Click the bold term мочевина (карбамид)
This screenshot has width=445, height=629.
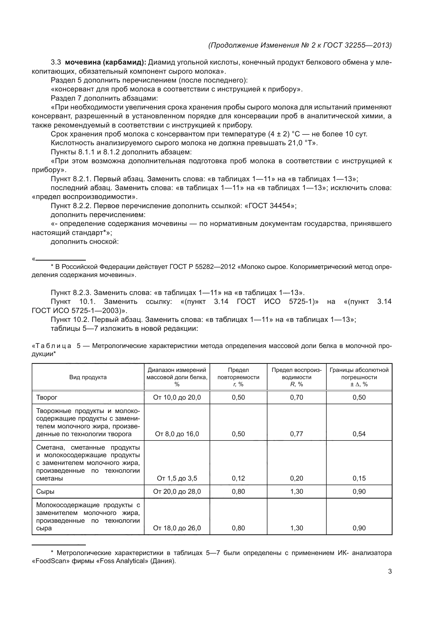(105, 62)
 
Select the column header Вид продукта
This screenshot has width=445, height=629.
(88, 377)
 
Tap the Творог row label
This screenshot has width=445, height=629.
(47, 397)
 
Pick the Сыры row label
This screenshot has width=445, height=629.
(45, 492)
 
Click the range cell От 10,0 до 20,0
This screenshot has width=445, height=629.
(177, 397)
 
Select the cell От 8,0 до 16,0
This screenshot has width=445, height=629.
(177, 434)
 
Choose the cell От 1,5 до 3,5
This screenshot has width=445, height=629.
(177, 478)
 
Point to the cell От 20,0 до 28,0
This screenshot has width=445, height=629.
(177, 492)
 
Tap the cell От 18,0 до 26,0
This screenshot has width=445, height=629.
(177, 528)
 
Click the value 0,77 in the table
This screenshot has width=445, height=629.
(296, 434)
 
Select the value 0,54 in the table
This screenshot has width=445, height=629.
(359, 434)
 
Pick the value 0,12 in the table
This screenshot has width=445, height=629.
(238, 478)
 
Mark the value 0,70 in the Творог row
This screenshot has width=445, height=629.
(296, 397)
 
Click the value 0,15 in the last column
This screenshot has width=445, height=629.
(359, 478)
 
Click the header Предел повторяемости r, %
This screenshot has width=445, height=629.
(238, 377)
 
